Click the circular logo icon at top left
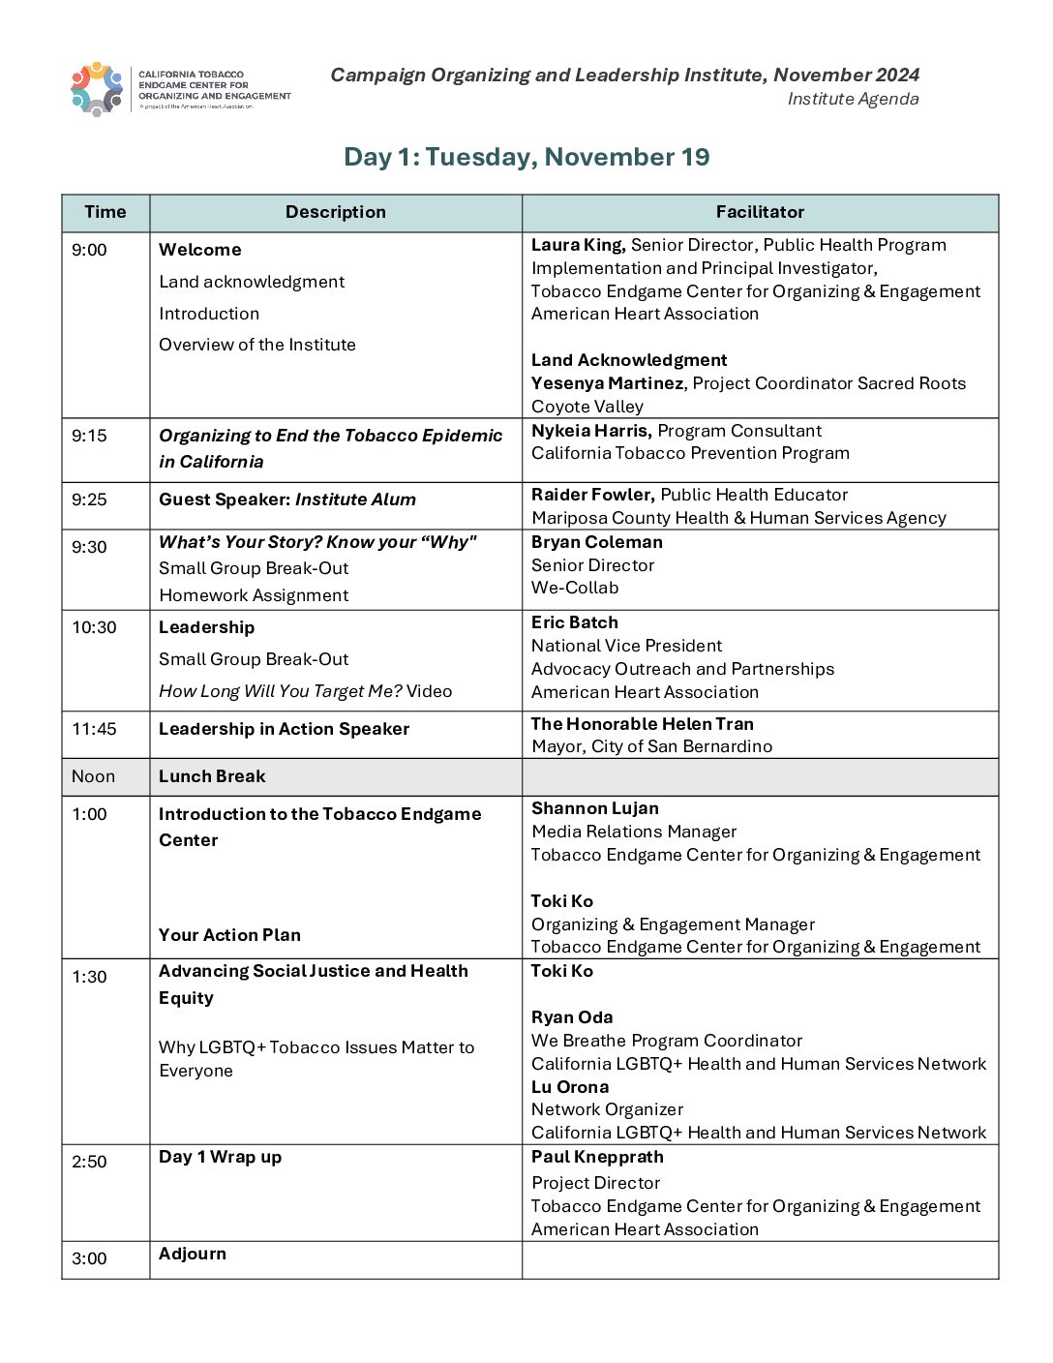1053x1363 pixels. coord(97,89)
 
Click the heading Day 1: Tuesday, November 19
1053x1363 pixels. coord(526,157)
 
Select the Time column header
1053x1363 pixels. coord(105,212)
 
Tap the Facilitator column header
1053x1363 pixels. coord(760,212)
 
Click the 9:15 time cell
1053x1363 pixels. coord(89,436)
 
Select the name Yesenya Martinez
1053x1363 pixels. coord(607,383)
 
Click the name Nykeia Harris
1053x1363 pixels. coord(590,431)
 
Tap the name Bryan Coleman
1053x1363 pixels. coord(597,542)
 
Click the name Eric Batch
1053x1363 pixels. coord(575,622)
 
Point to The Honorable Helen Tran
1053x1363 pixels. coord(643,724)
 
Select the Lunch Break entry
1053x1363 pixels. coord(212,776)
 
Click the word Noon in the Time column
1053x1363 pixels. coord(93,776)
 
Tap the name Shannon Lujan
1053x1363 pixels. coord(595,808)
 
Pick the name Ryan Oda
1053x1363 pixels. coord(572,1017)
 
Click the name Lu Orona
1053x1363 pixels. coord(570,1087)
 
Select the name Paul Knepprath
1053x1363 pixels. coord(597,1157)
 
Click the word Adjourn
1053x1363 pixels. coord(193,1254)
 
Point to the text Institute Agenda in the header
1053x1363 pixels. coord(853,99)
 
